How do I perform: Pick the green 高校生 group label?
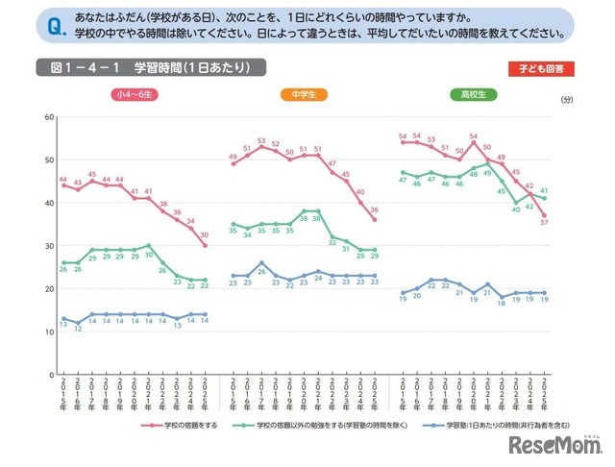click(x=470, y=94)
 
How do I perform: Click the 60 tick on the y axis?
click(x=44, y=117)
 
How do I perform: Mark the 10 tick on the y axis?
click(x=44, y=332)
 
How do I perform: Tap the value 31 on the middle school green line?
click(x=332, y=244)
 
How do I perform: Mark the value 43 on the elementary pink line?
click(x=78, y=181)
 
